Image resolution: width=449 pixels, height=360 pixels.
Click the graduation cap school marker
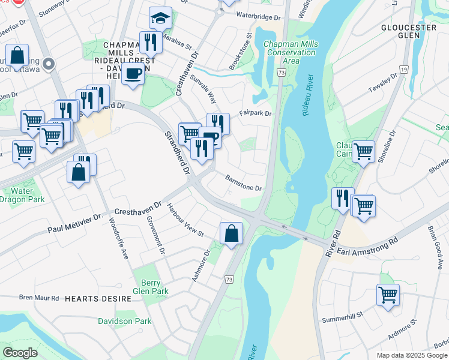pyautogui.click(x=160, y=19)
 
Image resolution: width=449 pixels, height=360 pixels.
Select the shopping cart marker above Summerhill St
pyautogui.click(x=388, y=295)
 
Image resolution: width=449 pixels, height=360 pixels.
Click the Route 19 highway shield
pyautogui.click(x=405, y=70)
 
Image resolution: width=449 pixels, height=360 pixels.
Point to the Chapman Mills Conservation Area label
pyautogui.click(x=291, y=52)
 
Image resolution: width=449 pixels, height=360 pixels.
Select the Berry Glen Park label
pyautogui.click(x=151, y=287)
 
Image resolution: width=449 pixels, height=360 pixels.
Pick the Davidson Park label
pyautogui.click(x=125, y=321)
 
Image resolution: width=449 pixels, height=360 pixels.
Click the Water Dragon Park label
pyautogui.click(x=23, y=195)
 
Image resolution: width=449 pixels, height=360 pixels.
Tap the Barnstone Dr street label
pyautogui.click(x=243, y=183)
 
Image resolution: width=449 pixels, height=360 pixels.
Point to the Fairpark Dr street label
pyautogui.click(x=255, y=113)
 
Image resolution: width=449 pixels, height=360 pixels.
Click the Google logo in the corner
pyautogui.click(x=20, y=352)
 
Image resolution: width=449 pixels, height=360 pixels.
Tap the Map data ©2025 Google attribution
pyautogui.click(x=412, y=355)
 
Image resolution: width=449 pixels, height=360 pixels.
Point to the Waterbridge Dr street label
pyautogui.click(x=258, y=17)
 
